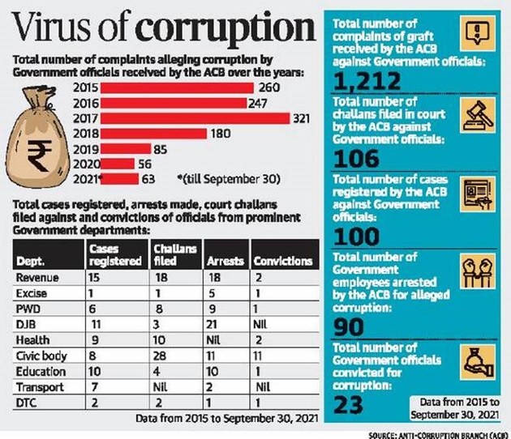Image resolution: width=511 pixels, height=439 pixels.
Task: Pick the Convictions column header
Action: coord(282,262)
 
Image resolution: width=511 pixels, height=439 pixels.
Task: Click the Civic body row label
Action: coord(40,354)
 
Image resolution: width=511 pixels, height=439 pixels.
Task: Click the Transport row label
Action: coord(37,385)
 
